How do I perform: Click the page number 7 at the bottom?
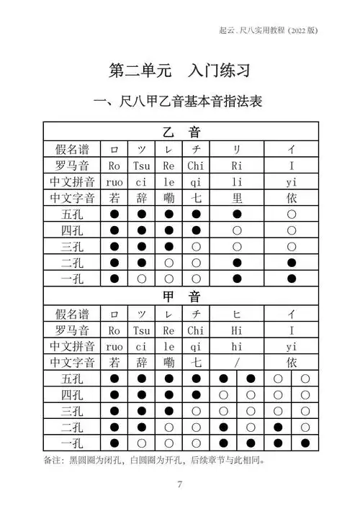(179, 484)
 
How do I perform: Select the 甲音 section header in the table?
(180, 297)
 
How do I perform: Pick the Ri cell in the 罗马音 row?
(237, 166)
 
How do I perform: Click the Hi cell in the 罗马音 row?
(237, 330)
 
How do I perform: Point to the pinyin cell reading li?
(237, 182)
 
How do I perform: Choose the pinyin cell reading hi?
(237, 346)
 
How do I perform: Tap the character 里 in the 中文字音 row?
(237, 198)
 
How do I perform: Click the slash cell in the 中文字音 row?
(237, 362)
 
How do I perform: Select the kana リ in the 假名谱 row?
(237, 149)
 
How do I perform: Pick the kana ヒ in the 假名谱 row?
(237, 314)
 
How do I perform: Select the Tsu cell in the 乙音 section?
(141, 166)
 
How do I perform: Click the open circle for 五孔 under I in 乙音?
(292, 214)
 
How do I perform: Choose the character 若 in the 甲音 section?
(114, 362)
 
